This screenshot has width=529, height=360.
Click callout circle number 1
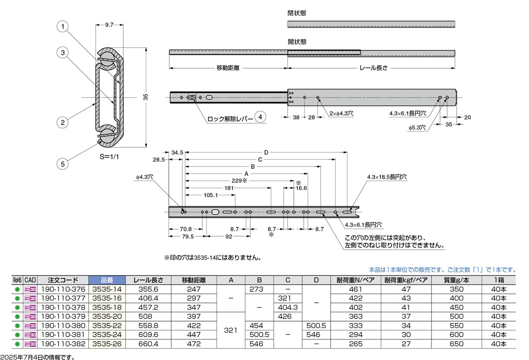click(63, 27)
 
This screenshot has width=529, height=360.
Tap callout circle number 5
click(63, 164)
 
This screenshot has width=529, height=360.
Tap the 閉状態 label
click(297, 13)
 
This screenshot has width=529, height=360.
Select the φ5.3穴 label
click(417, 128)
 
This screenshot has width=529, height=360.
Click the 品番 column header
click(107, 280)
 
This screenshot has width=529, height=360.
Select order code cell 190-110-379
click(63, 316)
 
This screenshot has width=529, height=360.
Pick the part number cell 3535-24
click(107, 334)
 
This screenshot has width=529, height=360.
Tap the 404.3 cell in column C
click(287, 308)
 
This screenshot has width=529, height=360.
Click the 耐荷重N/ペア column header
click(355, 280)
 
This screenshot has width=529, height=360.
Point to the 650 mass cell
click(456, 344)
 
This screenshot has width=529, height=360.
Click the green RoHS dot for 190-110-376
click(18, 289)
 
